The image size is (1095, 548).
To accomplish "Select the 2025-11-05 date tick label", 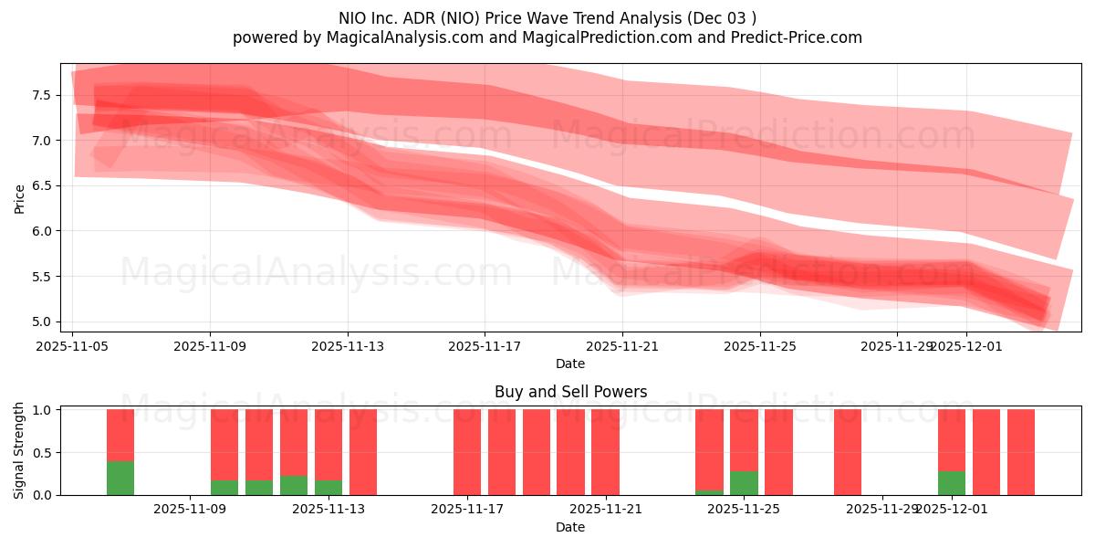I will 73,346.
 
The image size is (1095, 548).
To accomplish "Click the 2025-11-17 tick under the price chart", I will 485,346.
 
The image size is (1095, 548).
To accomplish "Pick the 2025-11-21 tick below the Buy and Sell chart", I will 605,510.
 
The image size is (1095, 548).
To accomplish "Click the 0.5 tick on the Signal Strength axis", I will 42,453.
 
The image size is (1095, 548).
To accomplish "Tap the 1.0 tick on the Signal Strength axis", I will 42,410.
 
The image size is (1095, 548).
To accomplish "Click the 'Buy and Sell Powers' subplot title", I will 570,392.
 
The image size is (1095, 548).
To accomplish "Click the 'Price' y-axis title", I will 19,198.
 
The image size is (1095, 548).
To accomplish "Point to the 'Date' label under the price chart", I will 570,364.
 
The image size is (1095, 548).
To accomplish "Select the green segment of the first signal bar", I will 120,478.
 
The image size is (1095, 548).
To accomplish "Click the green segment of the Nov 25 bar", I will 744,483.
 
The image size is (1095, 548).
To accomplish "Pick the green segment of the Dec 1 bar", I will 952,483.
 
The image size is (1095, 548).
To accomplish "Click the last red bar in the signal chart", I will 1021,452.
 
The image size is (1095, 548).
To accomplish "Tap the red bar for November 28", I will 848,452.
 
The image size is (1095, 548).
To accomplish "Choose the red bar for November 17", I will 467,452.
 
